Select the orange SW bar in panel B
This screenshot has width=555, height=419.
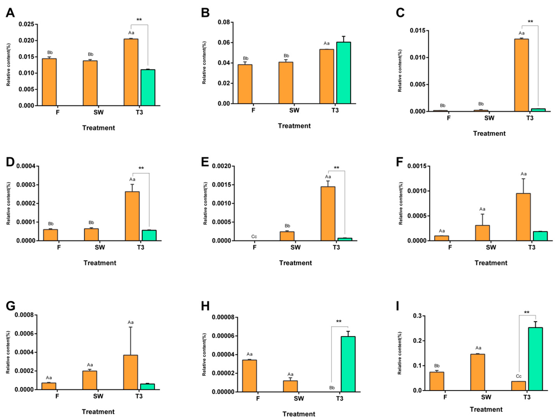point(286,83)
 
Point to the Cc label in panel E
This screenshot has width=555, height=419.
point(254,236)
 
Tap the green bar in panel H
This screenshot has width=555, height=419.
point(348,364)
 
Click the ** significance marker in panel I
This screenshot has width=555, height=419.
point(527,312)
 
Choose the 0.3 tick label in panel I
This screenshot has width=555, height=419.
point(418,316)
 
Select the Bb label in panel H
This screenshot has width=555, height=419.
point(332,388)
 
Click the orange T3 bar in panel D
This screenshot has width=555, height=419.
point(132,216)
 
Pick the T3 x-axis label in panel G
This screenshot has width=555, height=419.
point(139,396)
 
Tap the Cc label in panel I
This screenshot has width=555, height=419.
point(519,376)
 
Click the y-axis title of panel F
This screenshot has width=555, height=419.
point(401,203)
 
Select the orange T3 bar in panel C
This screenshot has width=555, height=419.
point(521,75)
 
